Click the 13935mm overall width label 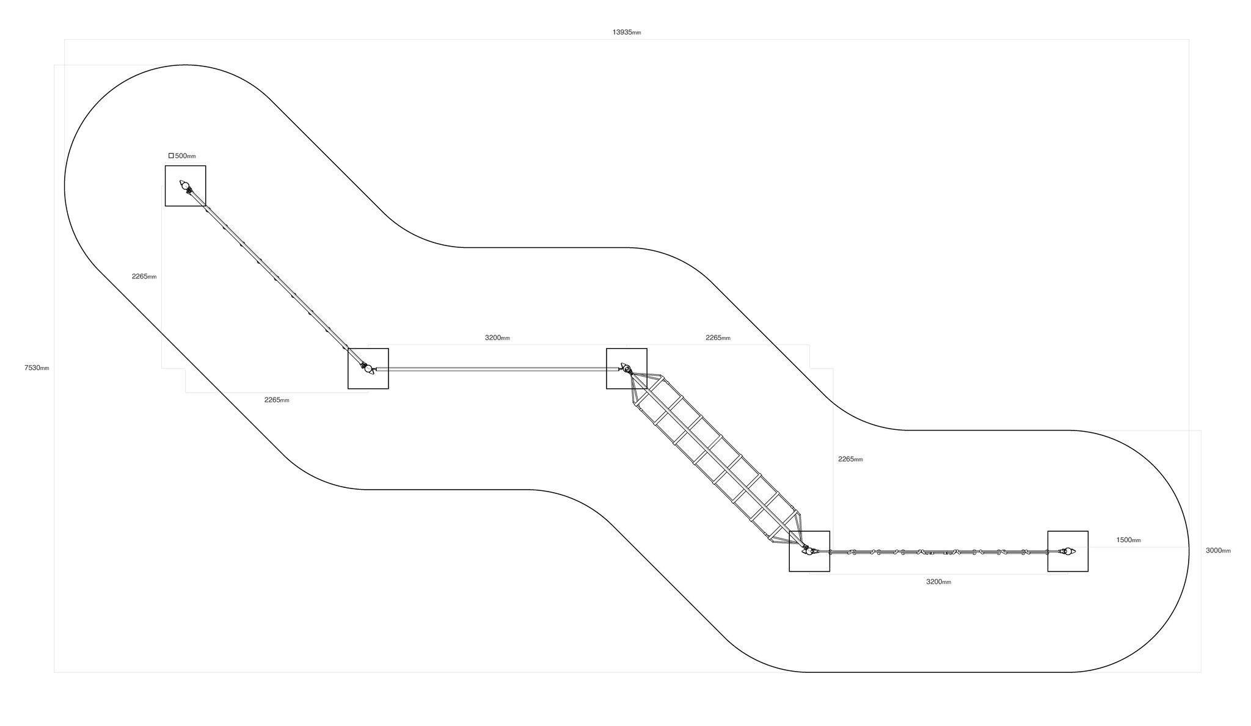coord(627,32)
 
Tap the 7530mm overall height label coord(37,368)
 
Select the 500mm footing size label coord(186,156)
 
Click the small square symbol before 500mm coord(171,156)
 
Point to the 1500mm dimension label coord(1128,540)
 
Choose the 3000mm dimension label coord(1218,550)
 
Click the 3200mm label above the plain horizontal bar coord(497,337)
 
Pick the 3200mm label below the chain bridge coord(938,582)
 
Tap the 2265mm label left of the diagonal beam coord(144,276)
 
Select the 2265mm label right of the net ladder coord(850,459)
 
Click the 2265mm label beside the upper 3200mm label coord(718,337)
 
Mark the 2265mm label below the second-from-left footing coord(277,400)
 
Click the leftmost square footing coord(185,186)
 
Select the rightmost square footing coord(1068,551)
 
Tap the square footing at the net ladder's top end coord(626,368)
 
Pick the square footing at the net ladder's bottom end coord(809,551)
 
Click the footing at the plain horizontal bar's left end coord(368,368)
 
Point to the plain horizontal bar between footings coord(497,369)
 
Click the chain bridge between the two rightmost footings coord(938,552)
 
